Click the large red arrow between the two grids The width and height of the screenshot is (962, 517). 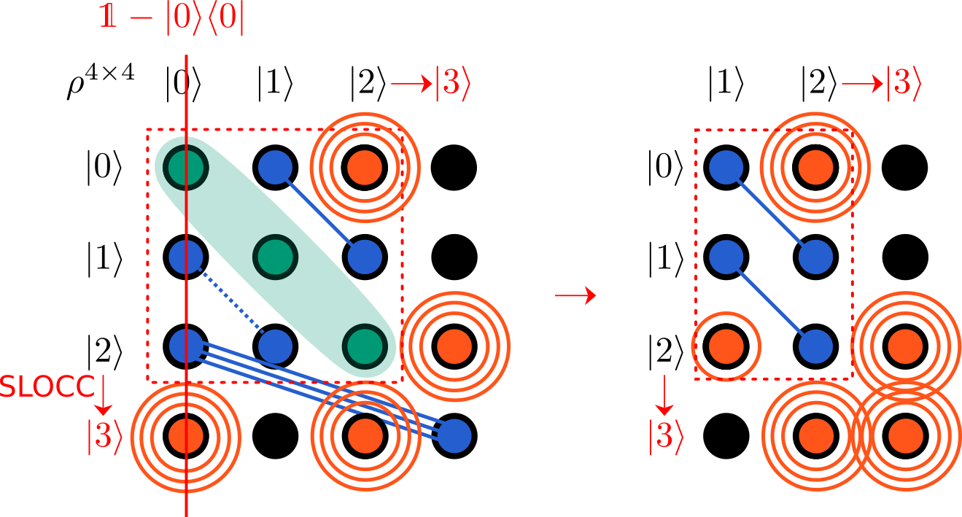point(575,296)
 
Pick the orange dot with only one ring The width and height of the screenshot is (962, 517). point(726,343)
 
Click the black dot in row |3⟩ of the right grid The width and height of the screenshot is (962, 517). point(726,435)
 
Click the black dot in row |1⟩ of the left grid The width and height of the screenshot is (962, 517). point(454,256)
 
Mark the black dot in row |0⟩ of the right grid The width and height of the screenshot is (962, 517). point(904,166)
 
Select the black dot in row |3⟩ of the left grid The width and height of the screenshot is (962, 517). point(276,435)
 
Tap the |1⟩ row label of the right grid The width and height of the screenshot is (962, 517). point(665,256)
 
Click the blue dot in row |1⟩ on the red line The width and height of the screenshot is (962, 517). point(186,256)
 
